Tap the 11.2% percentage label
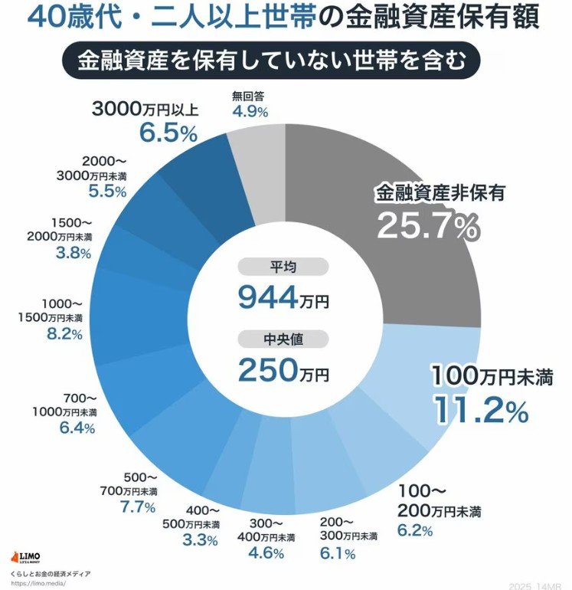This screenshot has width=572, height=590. [x=481, y=410]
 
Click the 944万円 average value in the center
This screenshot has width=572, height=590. [x=283, y=297]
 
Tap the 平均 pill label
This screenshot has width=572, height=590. [x=283, y=267]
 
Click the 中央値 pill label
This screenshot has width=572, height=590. [x=283, y=339]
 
